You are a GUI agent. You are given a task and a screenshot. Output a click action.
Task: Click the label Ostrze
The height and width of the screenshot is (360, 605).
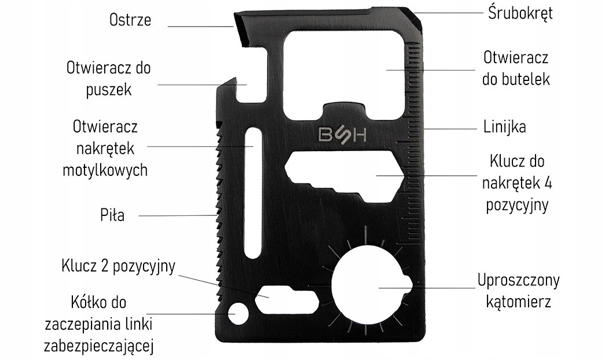[x=130, y=20]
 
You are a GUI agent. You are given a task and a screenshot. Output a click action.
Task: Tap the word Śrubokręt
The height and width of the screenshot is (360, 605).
[x=519, y=13]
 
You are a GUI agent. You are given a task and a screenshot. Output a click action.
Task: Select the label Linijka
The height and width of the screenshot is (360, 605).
[x=504, y=127]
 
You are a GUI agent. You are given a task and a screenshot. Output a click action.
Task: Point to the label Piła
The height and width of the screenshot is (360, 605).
[x=111, y=216]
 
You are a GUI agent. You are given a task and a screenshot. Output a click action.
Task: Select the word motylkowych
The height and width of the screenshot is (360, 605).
[x=105, y=170]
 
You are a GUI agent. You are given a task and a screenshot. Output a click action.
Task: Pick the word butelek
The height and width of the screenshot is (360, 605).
[x=515, y=80]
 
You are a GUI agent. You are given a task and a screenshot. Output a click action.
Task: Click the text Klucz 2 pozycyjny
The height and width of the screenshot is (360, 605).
[x=118, y=267]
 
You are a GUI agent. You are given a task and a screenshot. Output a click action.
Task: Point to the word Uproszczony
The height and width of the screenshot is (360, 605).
[x=518, y=281]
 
